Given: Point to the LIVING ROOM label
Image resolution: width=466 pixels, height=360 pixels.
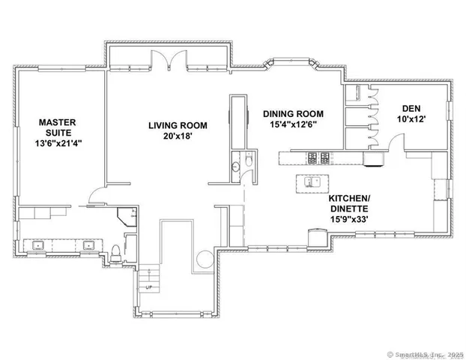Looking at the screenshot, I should (x=177, y=125).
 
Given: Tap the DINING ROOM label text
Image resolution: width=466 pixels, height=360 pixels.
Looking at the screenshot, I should (x=294, y=114).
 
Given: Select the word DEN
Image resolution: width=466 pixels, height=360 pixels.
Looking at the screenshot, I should (x=412, y=108).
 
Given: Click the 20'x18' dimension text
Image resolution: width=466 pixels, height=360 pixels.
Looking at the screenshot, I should (x=177, y=137).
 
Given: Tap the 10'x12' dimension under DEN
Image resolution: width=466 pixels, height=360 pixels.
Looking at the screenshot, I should (x=412, y=119).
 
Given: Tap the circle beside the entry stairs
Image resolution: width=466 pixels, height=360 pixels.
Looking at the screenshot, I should (x=204, y=259).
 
